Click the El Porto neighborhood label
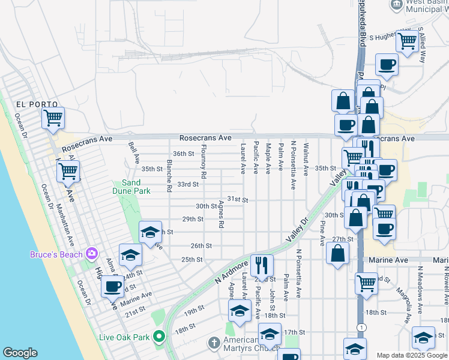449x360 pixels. point(27,103)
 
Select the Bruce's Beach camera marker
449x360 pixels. point(91,254)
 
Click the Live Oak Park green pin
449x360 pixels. point(158,337)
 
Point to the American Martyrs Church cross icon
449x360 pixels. point(213,343)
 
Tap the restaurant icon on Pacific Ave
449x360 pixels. point(262,264)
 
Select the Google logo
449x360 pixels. point(20,353)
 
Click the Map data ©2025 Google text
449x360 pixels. point(411,355)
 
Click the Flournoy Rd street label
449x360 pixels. point(204,162)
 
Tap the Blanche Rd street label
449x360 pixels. point(169,176)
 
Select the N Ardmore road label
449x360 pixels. point(231,272)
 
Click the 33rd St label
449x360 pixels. point(187,184)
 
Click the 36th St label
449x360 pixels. point(184,154)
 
